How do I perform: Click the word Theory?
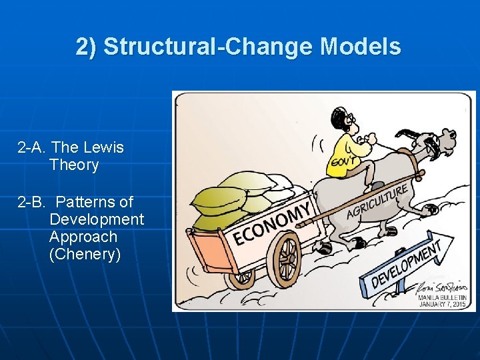[74, 165]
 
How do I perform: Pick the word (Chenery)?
[85, 254]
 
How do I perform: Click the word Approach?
[83, 237]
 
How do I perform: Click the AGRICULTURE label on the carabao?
[377, 201]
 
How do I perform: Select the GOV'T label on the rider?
[340, 162]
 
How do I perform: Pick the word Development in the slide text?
[97, 219]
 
